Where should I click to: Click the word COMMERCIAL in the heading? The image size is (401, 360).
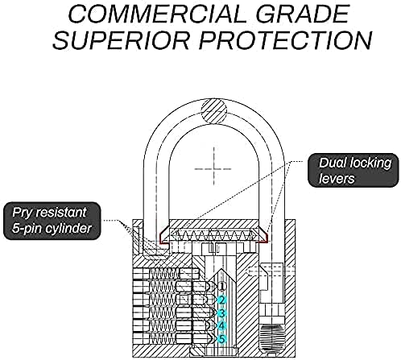[x=157, y=14]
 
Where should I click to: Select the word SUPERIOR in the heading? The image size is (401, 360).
[x=122, y=40]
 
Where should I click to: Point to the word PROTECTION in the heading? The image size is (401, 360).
[x=286, y=40]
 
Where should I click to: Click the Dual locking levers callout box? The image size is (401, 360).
[x=353, y=170]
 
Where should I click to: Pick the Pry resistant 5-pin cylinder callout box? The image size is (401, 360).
[x=52, y=221]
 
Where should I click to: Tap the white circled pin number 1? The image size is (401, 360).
[x=221, y=286]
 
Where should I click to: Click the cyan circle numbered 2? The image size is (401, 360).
[x=221, y=300]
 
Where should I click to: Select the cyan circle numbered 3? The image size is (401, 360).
[x=221, y=312]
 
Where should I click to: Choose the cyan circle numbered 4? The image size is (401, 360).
[x=221, y=325]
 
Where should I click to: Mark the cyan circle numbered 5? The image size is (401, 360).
[x=221, y=339]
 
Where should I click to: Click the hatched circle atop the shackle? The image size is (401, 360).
[x=214, y=111]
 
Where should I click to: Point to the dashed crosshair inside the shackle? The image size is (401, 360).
[x=213, y=169]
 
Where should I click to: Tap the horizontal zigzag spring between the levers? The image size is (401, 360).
[x=213, y=235]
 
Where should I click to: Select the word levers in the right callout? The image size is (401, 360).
[x=337, y=179]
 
